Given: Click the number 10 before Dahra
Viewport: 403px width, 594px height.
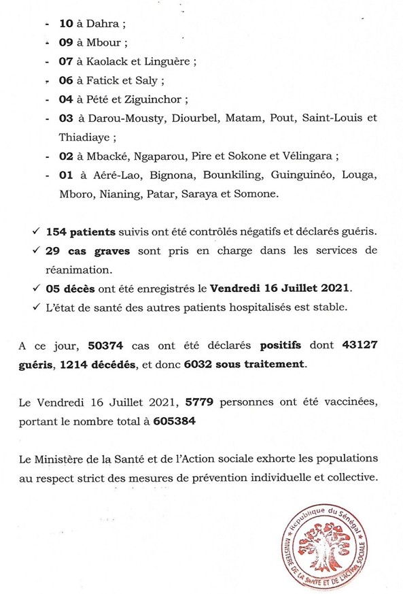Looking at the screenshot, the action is click(66, 23).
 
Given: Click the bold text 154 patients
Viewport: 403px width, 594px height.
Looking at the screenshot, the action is click(84, 231).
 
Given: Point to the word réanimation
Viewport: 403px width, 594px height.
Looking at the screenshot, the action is click(77, 269).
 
